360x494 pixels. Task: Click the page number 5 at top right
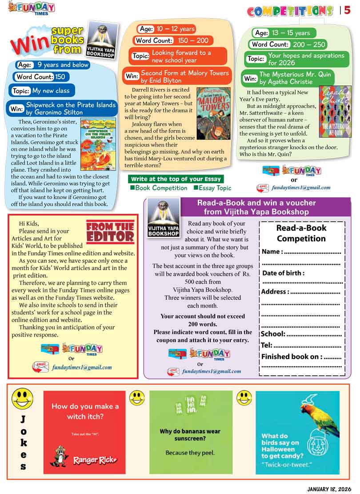click(347, 10)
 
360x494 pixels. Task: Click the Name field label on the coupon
click(272, 251)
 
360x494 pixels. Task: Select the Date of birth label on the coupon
click(283, 273)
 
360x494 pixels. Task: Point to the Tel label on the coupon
click(267, 345)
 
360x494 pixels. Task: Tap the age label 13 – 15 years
click(283, 33)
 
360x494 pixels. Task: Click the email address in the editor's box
click(81, 367)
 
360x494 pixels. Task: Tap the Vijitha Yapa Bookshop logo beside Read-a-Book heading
click(163, 218)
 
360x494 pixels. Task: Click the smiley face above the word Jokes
click(22, 398)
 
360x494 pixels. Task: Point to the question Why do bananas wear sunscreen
click(190, 434)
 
